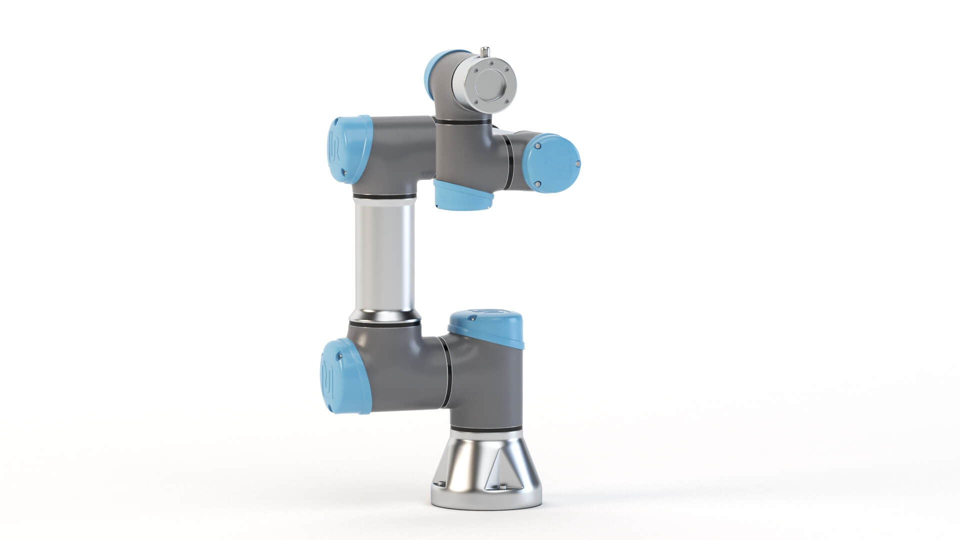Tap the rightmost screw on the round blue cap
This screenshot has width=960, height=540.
tap(578, 163)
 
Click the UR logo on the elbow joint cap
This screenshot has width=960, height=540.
tap(335, 147)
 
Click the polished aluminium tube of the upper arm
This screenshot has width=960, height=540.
tap(383, 255)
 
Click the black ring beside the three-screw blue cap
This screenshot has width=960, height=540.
tap(508, 163)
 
